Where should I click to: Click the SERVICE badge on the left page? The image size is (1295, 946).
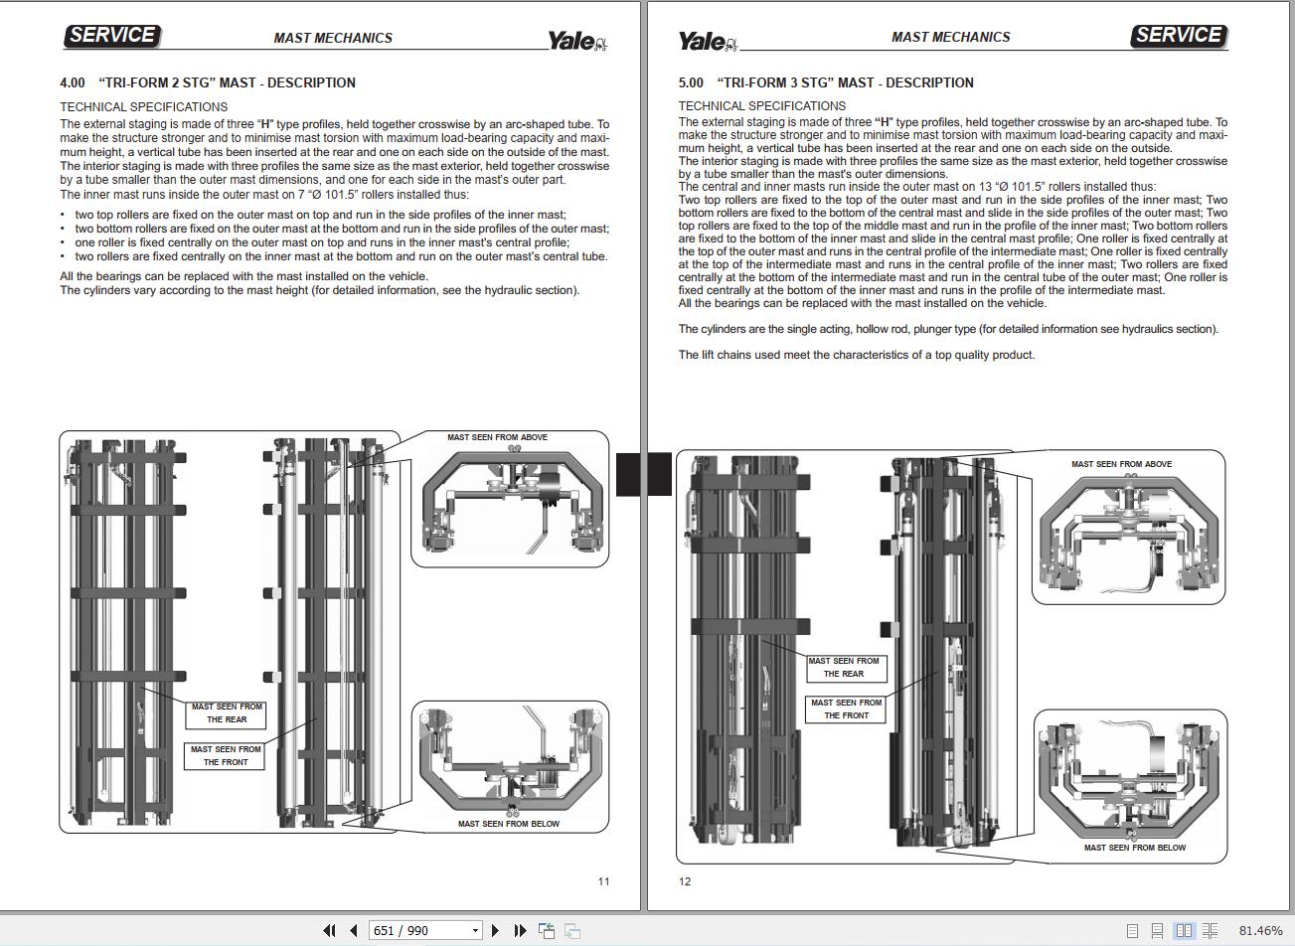click(x=112, y=36)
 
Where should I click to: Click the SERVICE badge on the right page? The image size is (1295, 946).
click(x=1179, y=36)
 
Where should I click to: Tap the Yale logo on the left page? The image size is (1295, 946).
click(x=577, y=41)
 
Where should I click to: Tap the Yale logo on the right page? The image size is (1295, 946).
click(x=708, y=41)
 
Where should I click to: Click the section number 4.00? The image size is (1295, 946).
click(x=73, y=83)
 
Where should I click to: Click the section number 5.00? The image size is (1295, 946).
click(x=691, y=83)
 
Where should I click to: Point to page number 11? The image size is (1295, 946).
click(x=603, y=881)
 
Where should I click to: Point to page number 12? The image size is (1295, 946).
click(x=685, y=881)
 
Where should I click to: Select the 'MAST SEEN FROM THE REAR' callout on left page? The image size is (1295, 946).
click(x=226, y=714)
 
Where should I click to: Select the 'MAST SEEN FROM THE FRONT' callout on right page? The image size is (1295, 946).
click(x=846, y=709)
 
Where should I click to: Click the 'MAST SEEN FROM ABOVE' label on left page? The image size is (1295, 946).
click(x=497, y=437)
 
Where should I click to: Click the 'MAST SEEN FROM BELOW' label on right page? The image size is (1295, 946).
click(x=1134, y=848)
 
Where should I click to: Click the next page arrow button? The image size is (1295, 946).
click(x=495, y=930)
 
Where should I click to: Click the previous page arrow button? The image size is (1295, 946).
click(x=354, y=930)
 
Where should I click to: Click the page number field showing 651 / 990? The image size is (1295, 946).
click(x=425, y=930)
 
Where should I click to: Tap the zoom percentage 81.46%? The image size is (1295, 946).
click(x=1260, y=930)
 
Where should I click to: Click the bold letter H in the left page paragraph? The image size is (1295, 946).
click(x=266, y=124)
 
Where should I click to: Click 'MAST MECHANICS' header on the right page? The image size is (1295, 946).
click(x=950, y=37)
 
